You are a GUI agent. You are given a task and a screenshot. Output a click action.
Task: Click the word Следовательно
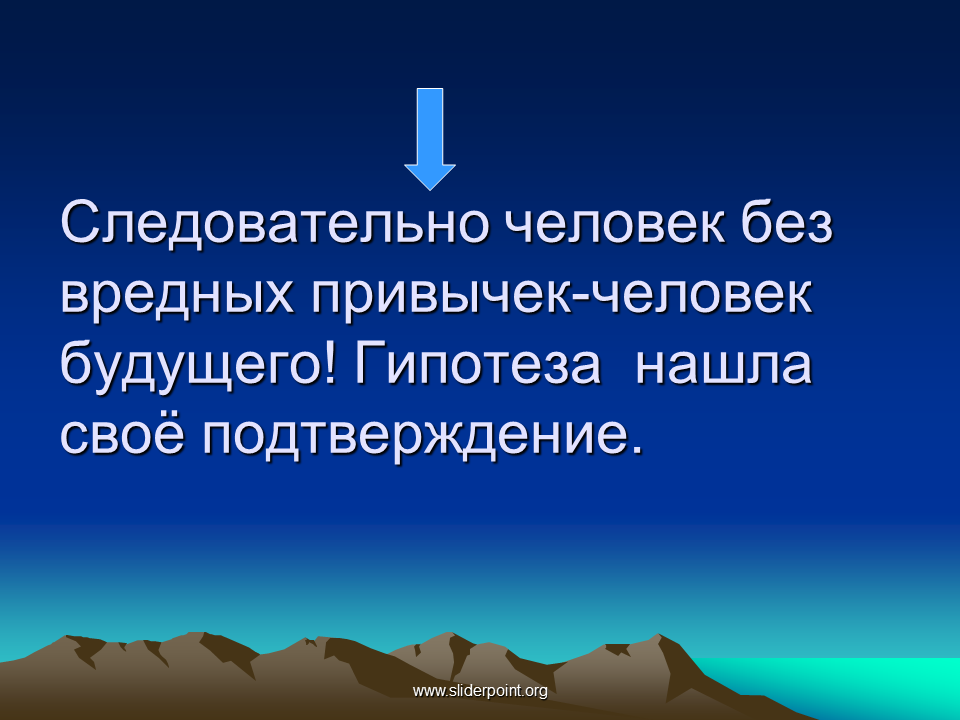[275, 222]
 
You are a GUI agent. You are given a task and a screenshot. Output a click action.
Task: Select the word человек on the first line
[615, 222]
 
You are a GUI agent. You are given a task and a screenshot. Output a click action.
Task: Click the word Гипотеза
[477, 364]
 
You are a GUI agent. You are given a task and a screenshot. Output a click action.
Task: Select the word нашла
[723, 366]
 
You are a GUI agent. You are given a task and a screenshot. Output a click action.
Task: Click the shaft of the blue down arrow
[430, 127]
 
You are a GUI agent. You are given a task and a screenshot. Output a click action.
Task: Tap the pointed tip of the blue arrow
[430, 190]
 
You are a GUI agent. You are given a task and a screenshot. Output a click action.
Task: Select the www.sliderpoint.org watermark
[480, 691]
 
